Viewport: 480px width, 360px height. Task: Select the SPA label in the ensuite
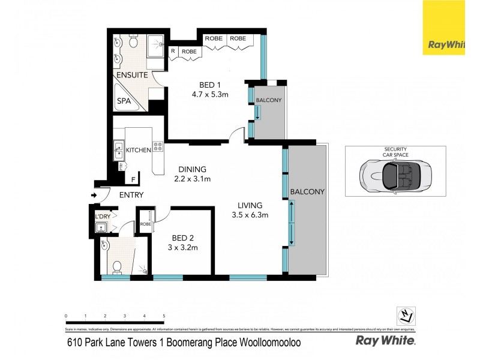[x=124, y=101]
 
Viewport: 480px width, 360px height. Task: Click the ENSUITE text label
[x=132, y=76]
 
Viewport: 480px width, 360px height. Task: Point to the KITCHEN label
[x=137, y=150]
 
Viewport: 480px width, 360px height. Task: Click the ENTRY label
[x=131, y=195]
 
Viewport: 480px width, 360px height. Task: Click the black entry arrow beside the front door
[x=94, y=195]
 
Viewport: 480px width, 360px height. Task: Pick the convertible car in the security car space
[x=395, y=177]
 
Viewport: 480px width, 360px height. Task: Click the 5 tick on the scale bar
[x=164, y=316]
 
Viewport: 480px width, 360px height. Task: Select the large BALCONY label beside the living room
[x=307, y=192]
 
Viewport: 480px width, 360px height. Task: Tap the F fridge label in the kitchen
[x=133, y=179]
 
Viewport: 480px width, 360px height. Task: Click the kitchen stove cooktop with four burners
[x=158, y=146]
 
